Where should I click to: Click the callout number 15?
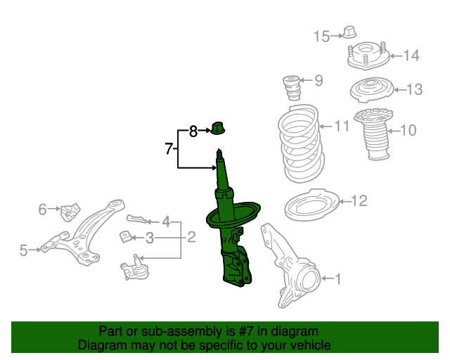click(x=321, y=37)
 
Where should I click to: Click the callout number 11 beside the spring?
click(x=342, y=127)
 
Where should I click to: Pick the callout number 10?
click(x=408, y=130)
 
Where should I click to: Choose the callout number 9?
click(x=319, y=81)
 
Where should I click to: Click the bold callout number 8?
click(x=193, y=131)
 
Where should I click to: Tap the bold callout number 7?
click(x=169, y=148)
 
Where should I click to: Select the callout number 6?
click(x=42, y=209)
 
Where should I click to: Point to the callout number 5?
click(x=23, y=250)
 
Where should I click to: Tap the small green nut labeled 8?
click(x=218, y=129)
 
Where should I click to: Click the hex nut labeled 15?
click(x=349, y=32)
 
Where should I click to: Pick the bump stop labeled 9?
click(x=291, y=88)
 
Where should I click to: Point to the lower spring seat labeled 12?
click(x=311, y=205)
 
